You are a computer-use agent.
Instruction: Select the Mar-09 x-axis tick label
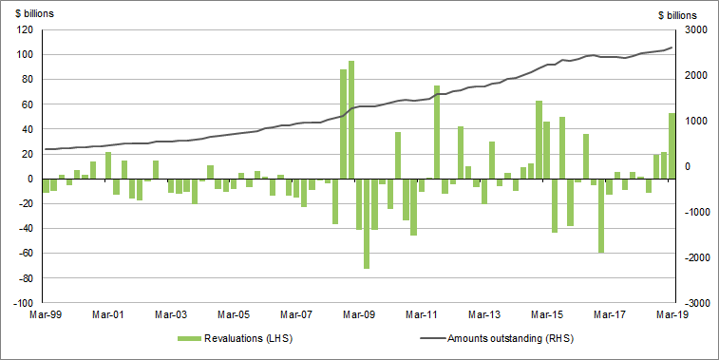click(x=359, y=313)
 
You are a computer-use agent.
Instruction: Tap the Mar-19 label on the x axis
click(x=672, y=313)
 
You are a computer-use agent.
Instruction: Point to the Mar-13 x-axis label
click(x=484, y=313)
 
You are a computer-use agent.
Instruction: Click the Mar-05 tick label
click(x=234, y=313)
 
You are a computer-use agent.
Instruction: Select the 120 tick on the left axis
click(x=25, y=29)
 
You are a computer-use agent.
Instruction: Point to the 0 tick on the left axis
click(x=30, y=179)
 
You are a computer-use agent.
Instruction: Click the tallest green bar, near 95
click(x=351, y=120)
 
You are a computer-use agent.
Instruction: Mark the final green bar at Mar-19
click(x=672, y=145)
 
